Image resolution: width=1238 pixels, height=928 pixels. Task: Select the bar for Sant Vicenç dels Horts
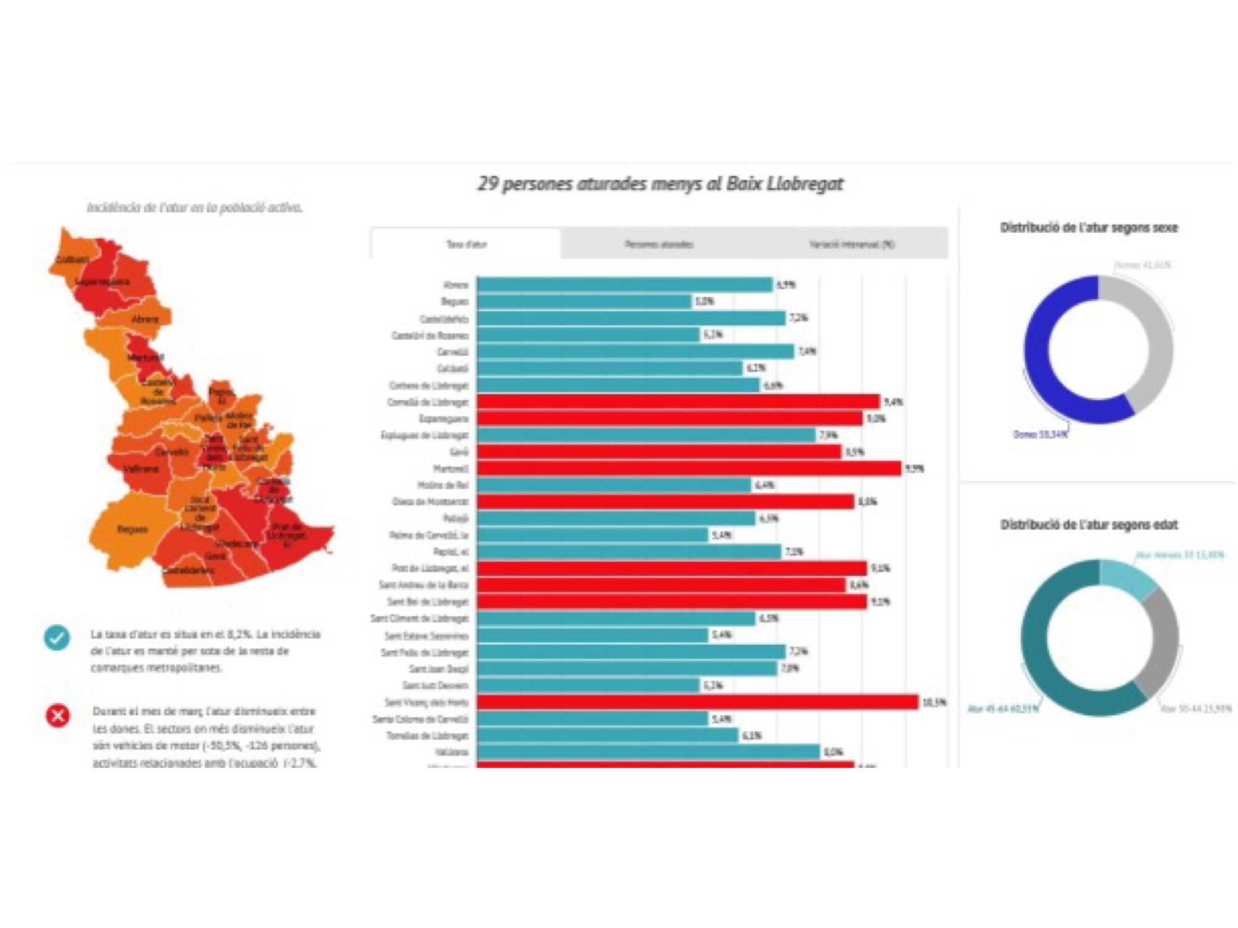tap(697, 702)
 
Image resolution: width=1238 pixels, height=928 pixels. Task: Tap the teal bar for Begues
tap(584, 301)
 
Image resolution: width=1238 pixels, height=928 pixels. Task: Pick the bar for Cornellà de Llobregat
tap(678, 402)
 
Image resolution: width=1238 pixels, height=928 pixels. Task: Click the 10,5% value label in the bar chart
tap(934, 702)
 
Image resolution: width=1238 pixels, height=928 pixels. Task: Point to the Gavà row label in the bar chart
tap(459, 452)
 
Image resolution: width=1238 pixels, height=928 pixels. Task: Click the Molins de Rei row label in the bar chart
tap(443, 485)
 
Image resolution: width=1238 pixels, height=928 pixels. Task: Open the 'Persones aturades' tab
tap(659, 244)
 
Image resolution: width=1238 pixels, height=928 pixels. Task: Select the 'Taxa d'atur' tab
tap(466, 244)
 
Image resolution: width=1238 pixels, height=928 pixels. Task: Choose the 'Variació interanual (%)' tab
tap(851, 244)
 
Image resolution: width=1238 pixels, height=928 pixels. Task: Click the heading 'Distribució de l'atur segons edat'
tap(1089, 525)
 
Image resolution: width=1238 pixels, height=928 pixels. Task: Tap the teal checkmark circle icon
tap(57, 637)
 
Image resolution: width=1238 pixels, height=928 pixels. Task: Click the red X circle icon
tap(58, 716)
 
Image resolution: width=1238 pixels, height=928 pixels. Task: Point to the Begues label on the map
tap(132, 530)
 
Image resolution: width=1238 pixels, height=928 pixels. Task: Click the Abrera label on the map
tap(145, 319)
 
